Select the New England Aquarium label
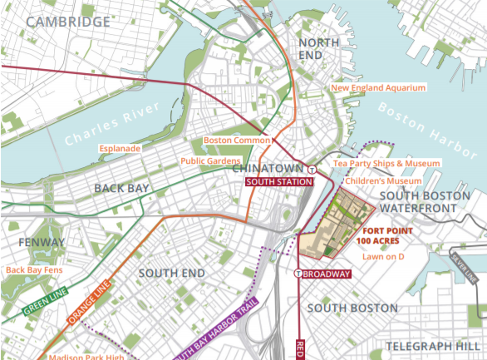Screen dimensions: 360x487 [378, 87]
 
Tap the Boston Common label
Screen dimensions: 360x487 [237, 141]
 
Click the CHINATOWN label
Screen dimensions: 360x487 [265, 169]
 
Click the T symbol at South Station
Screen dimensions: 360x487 [311, 169]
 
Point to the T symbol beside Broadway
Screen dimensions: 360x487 [298, 274]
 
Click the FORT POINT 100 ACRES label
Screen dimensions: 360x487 [383, 235]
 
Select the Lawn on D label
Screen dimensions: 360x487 [383, 257]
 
